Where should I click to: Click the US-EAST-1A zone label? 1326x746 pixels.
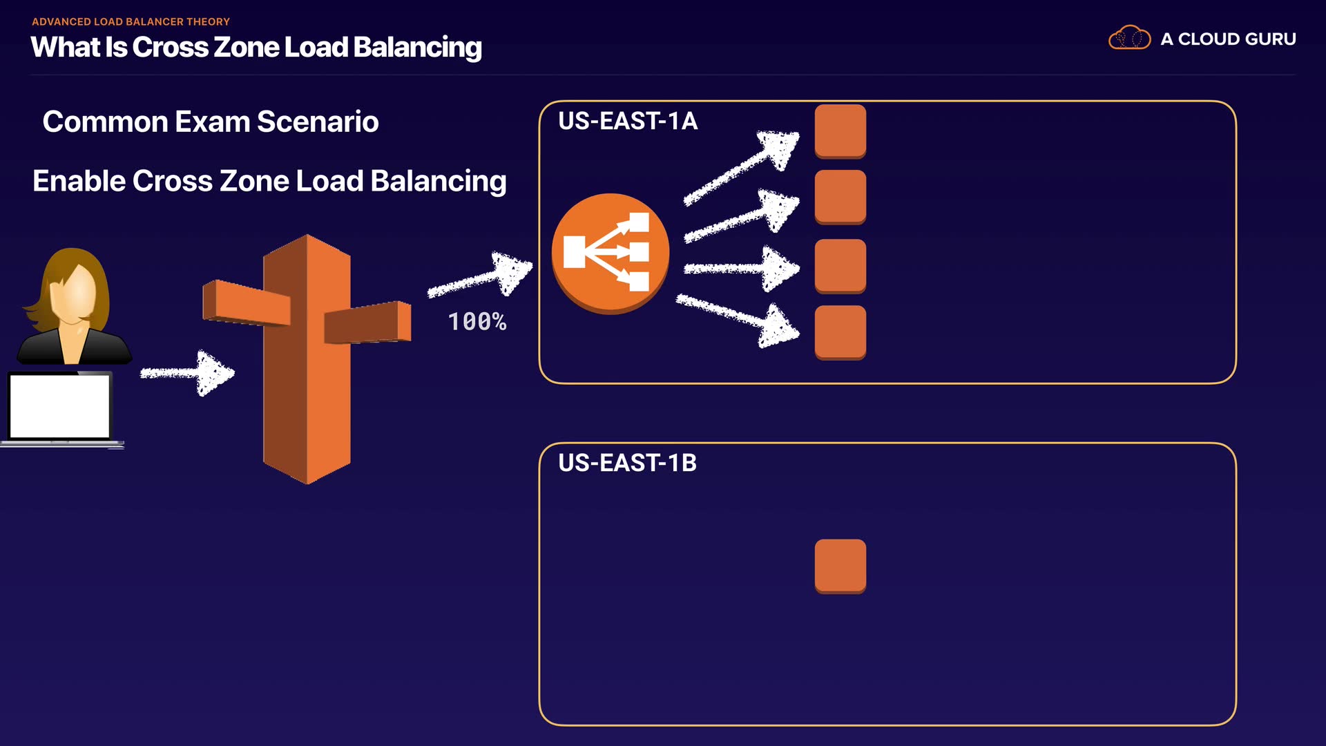click(x=627, y=121)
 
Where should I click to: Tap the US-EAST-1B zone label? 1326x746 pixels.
click(x=627, y=463)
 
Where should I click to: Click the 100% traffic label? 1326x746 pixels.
click(x=477, y=322)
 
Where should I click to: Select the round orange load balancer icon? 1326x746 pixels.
click(x=610, y=253)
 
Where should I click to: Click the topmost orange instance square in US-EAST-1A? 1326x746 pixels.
click(x=840, y=131)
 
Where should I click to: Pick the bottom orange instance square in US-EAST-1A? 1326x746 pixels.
click(x=840, y=332)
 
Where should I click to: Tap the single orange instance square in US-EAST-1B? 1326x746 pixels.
click(x=840, y=566)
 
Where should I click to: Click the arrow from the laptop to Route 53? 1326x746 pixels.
click(x=188, y=373)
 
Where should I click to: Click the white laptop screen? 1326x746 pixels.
click(x=60, y=406)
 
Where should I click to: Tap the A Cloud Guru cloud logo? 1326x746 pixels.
click(x=1129, y=38)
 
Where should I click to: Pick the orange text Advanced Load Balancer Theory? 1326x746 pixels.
click(x=131, y=21)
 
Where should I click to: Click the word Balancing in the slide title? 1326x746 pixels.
click(x=417, y=48)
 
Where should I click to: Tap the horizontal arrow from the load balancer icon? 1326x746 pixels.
click(x=741, y=269)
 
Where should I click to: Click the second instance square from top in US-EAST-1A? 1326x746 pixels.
click(x=840, y=197)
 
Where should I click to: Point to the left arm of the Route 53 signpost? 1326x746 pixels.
click(x=246, y=303)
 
